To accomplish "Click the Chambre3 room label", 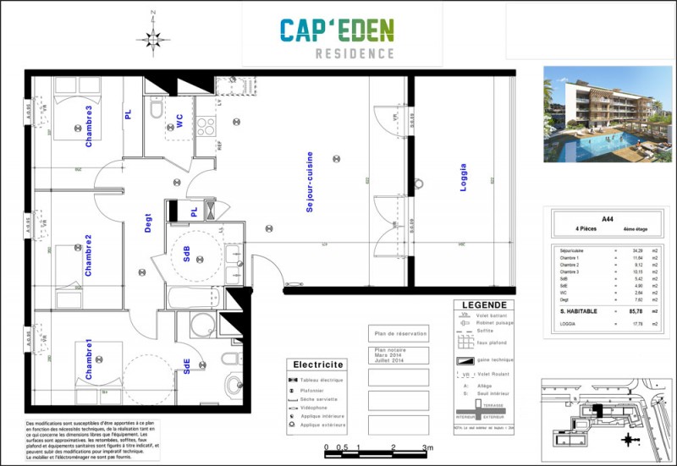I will [89, 126].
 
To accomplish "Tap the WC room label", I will [179, 122].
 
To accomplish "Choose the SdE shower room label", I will [186, 365].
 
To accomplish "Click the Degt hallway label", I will [147, 222].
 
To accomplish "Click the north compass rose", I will [151, 37].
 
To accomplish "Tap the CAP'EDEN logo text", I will [337, 31].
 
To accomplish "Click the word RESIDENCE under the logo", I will [355, 54].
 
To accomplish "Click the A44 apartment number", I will [608, 218].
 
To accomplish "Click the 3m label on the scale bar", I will [427, 447].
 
